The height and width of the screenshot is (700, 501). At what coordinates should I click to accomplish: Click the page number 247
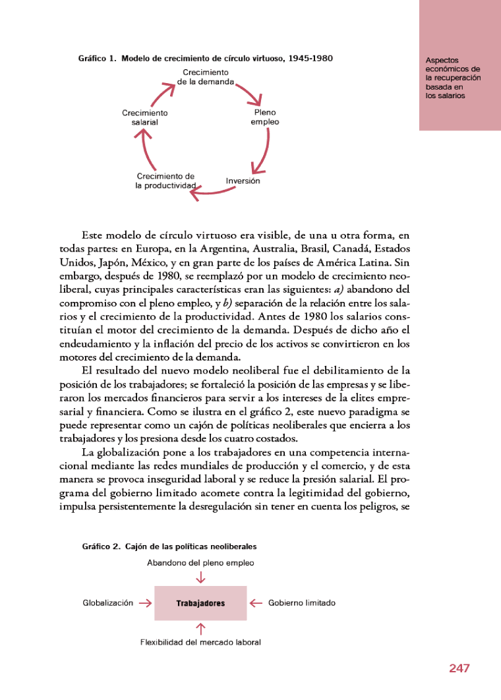pyautogui.click(x=459, y=668)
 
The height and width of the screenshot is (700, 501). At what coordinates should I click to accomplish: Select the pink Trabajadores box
pyautogui.click(x=200, y=603)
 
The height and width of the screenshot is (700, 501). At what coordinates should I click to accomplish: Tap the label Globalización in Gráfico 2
pyautogui.click(x=108, y=602)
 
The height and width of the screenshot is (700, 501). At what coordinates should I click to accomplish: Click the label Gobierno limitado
pyautogui.click(x=302, y=602)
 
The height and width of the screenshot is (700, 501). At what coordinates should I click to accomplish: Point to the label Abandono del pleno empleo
pyautogui.click(x=200, y=563)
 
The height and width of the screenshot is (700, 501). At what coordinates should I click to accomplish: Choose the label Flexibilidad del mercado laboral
pyautogui.click(x=200, y=642)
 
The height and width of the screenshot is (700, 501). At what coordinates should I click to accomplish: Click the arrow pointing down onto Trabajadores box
pyautogui.click(x=200, y=578)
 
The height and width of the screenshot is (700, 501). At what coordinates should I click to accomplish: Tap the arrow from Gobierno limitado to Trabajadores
pyautogui.click(x=256, y=602)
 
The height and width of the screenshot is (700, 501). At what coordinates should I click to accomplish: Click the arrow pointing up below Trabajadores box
pyautogui.click(x=200, y=628)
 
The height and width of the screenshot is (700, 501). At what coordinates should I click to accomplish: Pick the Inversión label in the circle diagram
pyautogui.click(x=243, y=181)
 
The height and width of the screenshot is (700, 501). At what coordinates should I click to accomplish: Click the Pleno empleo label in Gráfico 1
pyautogui.click(x=265, y=117)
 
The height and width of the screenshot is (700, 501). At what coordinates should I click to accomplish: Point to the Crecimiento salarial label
pyautogui.click(x=145, y=117)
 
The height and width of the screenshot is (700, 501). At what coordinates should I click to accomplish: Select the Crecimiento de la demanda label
pyautogui.click(x=206, y=77)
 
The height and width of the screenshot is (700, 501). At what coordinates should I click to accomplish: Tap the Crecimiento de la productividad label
pyautogui.click(x=166, y=181)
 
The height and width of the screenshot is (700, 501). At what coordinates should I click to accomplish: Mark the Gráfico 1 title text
pyautogui.click(x=205, y=58)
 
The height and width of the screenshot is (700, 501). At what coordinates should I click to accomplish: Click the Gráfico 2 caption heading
pyautogui.click(x=169, y=546)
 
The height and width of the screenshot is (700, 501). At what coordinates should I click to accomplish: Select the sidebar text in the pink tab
pyautogui.click(x=453, y=77)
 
